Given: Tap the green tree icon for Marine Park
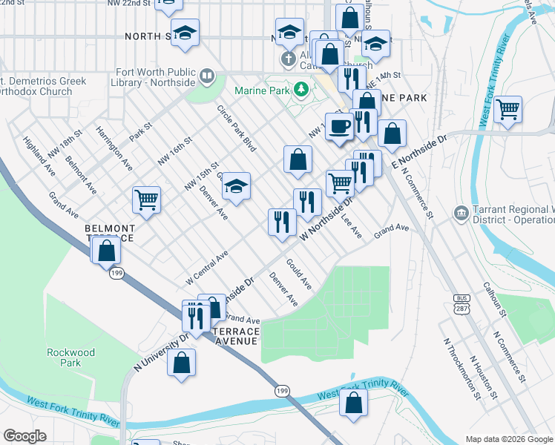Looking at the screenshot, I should [x=301, y=90].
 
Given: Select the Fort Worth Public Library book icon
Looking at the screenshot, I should [x=208, y=76].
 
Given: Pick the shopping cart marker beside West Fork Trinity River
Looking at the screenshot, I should [x=508, y=109].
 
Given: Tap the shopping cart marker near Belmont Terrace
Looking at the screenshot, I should [x=146, y=199].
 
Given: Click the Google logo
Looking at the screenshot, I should [x=25, y=436].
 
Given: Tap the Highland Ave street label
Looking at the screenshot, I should [x=39, y=155].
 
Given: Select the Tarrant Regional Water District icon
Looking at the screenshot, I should [x=462, y=214].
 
